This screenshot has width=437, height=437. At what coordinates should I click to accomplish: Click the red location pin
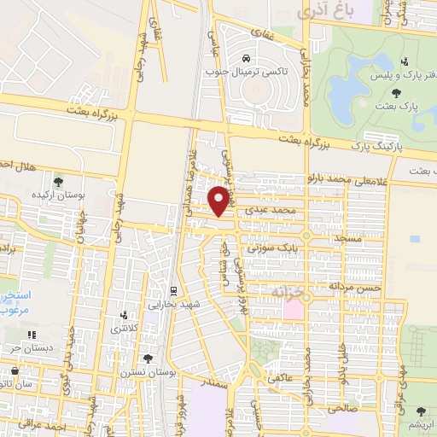pyautogui.click(x=222, y=201)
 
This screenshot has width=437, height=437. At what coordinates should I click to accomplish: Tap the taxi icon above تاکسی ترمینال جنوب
pyautogui.click(x=246, y=59)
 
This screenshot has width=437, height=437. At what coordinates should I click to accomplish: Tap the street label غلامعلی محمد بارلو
pyautogui.click(x=342, y=180)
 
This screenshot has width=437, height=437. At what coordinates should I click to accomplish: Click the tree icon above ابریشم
pyautogui.click(x=420, y=411)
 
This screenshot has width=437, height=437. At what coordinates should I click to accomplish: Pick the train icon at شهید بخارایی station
pyautogui.click(x=173, y=291)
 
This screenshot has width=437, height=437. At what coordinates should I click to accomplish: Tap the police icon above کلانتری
pyautogui.click(x=125, y=315)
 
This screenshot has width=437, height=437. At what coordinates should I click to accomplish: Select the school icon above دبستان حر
pyautogui.click(x=32, y=335)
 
